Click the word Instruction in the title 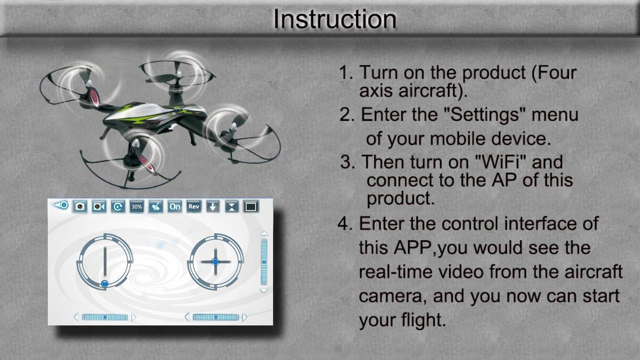[334, 19]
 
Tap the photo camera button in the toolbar [80, 206]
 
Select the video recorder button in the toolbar [99, 206]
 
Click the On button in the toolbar [175, 206]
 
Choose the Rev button [194, 206]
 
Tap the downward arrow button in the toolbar [213, 206]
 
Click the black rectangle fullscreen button [251, 206]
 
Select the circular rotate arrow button [118, 206]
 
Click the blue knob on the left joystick [105, 284]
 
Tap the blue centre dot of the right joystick [215, 262]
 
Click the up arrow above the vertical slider [264, 233]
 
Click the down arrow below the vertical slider [264, 290]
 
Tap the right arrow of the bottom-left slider [133, 317]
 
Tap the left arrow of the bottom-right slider [187, 317]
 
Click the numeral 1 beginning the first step [344, 72]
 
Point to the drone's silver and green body [154, 114]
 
